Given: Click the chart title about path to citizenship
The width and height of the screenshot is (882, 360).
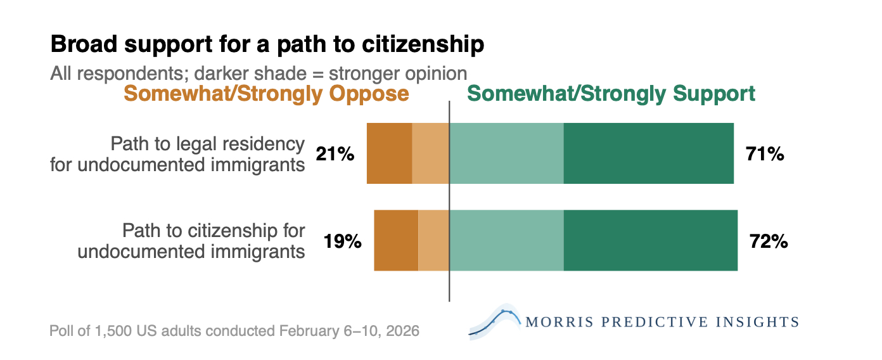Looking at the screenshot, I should pyautogui.click(x=267, y=44).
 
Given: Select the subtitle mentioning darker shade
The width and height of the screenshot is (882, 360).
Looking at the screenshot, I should pyautogui.click(x=259, y=73).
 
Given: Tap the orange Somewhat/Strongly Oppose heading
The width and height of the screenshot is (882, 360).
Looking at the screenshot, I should pyautogui.click(x=266, y=94).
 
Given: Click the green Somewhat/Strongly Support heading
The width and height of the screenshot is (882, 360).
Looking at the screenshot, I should pyautogui.click(x=611, y=94).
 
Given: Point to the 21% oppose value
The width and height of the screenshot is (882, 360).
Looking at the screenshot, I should pyautogui.click(x=335, y=154).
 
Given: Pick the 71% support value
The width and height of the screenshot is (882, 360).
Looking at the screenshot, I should pyautogui.click(x=765, y=154).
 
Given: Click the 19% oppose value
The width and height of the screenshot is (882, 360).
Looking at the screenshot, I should pyautogui.click(x=342, y=241).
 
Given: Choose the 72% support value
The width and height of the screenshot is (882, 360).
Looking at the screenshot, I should pyautogui.click(x=769, y=241).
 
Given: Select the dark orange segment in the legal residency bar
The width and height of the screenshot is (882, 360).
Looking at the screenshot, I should pyautogui.click(x=389, y=153).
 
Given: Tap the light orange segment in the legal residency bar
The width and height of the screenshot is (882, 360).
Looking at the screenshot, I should pyautogui.click(x=430, y=153).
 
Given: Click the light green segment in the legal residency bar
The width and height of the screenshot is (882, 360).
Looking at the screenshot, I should pyautogui.click(x=506, y=153).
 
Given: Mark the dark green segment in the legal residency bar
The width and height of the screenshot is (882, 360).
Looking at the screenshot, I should pyautogui.click(x=648, y=153).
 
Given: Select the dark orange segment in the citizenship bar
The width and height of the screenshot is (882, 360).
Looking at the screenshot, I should pyautogui.click(x=395, y=240).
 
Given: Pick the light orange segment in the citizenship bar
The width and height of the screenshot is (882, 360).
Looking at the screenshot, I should pyautogui.click(x=433, y=240).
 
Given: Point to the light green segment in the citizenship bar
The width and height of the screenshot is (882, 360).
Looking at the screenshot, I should pyautogui.click(x=506, y=240).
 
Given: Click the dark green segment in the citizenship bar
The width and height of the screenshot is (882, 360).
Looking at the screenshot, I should pyautogui.click(x=650, y=240).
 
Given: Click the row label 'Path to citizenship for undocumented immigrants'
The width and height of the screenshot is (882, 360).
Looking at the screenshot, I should pyautogui.click(x=191, y=241).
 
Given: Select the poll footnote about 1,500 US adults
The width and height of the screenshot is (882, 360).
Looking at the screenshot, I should pyautogui.click(x=234, y=331).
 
